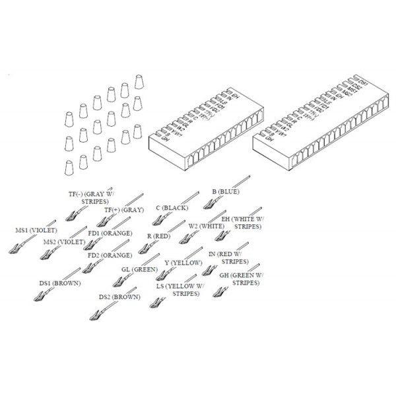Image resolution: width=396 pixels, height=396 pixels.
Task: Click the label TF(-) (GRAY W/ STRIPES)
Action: tap(92, 198)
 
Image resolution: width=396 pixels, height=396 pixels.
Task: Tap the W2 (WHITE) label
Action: tap(206, 226)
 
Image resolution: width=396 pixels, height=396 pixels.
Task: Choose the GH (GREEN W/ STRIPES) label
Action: tap(242, 279)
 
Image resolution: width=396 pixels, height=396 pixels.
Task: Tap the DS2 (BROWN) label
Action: tap(119, 297)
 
